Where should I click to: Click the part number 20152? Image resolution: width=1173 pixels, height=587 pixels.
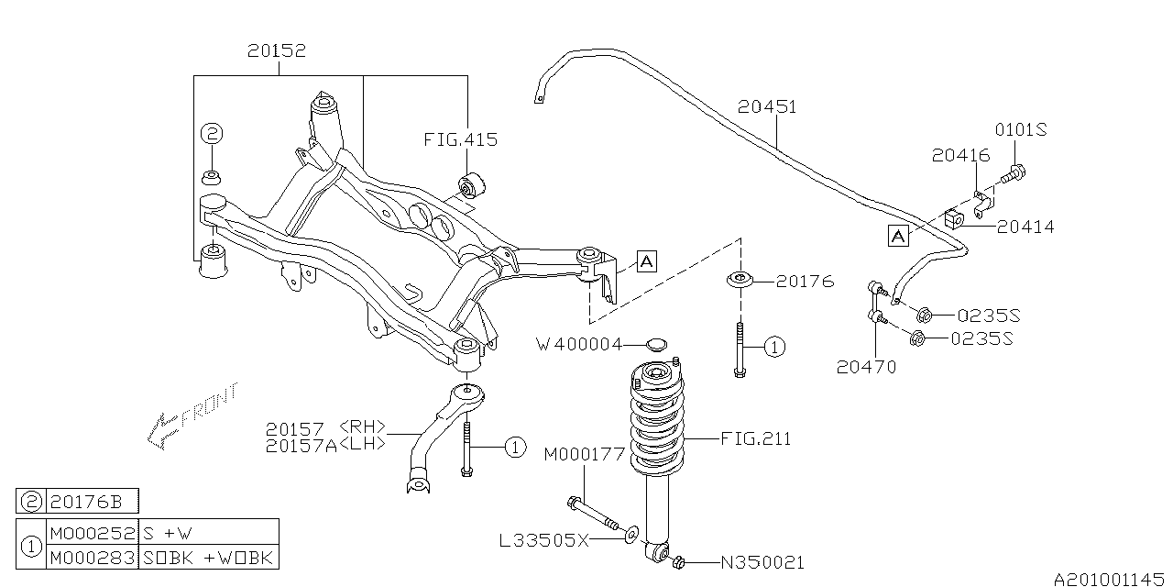[x=276, y=51]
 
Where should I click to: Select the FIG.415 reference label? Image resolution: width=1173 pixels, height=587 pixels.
[x=461, y=140]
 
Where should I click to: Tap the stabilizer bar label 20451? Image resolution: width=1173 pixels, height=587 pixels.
[x=767, y=107]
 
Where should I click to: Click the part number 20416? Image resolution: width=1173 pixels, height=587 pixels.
[x=958, y=157]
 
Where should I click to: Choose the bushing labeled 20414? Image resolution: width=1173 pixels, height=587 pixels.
[x=953, y=220]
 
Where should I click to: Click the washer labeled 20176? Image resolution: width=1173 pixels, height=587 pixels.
[x=738, y=280]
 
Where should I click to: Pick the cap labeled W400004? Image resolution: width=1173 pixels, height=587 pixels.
[x=654, y=345]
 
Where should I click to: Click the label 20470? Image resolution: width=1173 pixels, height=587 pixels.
[x=866, y=367]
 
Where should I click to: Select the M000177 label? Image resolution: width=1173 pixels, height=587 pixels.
[x=584, y=454]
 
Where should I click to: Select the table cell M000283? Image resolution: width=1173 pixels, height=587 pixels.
[x=91, y=558]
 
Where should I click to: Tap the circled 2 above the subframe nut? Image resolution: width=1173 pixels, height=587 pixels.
[x=212, y=134]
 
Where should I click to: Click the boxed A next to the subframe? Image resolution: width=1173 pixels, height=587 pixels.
[x=645, y=261]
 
